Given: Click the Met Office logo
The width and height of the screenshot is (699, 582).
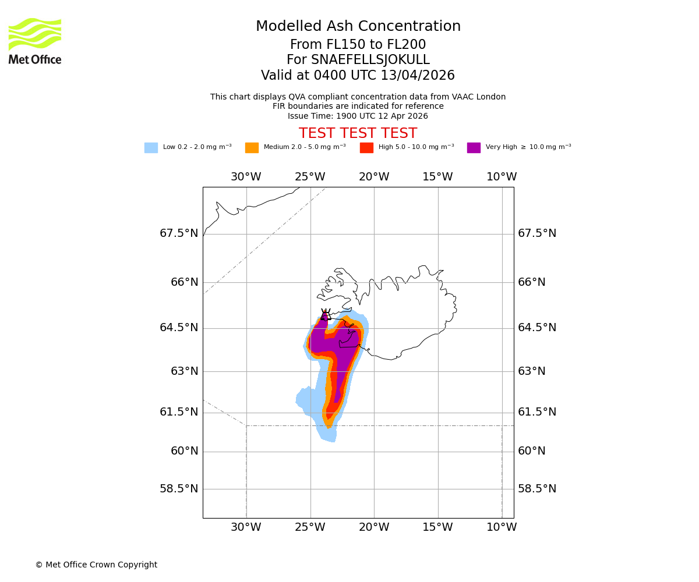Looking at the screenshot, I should (x=35, y=41).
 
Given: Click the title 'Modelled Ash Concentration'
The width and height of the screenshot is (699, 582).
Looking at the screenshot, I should (x=358, y=26).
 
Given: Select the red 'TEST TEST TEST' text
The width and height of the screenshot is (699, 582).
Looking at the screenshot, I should (x=358, y=133).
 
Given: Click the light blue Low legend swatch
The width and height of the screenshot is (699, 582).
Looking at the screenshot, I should (x=151, y=147).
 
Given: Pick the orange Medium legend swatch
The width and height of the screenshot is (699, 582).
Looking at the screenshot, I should (x=252, y=147).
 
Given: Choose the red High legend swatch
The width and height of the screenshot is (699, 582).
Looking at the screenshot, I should (x=366, y=147).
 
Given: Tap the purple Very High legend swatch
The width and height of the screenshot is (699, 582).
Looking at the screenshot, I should (x=474, y=147).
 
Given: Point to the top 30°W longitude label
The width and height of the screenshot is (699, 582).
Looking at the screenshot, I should (x=246, y=177).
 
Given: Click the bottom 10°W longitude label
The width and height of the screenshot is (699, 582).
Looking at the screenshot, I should (x=502, y=527).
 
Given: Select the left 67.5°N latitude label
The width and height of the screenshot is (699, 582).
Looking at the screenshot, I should (x=179, y=233).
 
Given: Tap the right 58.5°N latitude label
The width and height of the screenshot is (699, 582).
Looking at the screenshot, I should (x=537, y=489).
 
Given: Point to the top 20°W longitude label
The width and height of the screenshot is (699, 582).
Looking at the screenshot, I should (x=374, y=177).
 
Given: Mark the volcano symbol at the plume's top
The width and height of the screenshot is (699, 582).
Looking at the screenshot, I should (x=325, y=315).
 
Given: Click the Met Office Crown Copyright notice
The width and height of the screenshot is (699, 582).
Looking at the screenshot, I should (x=96, y=565).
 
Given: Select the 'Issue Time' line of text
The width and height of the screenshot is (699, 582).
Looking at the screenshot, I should (x=358, y=116).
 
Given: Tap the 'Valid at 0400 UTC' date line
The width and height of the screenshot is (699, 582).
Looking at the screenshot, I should (x=358, y=76).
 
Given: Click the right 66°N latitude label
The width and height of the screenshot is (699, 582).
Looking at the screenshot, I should (x=532, y=282).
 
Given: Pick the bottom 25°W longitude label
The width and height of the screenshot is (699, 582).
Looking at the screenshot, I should (x=310, y=527).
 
